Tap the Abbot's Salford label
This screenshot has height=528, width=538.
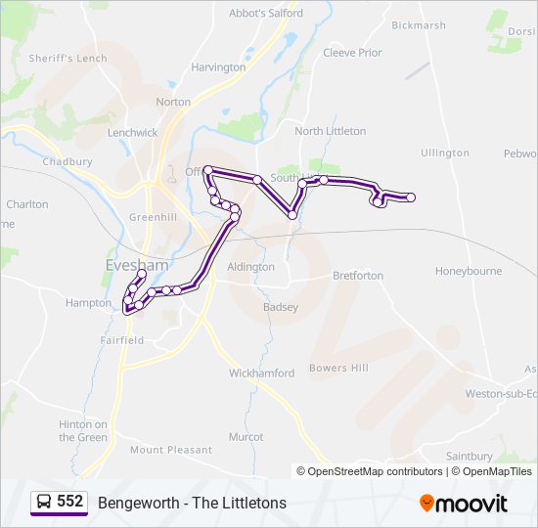pyautogui.click(x=266, y=14)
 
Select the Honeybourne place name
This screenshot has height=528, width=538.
pyautogui.click(x=469, y=271)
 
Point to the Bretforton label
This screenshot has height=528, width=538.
pyautogui.click(x=358, y=276)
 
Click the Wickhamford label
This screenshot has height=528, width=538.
pyautogui.click(x=261, y=374)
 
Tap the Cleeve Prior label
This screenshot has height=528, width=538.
pyautogui.click(x=352, y=53)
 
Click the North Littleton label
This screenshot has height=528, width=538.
pyautogui.click(x=330, y=131)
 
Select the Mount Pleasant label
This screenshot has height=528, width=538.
pyautogui.click(x=170, y=450)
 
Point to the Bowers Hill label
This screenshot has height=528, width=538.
pyautogui.click(x=338, y=368)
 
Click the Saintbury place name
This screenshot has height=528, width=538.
pyautogui.click(x=470, y=456)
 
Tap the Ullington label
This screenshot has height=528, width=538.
pyautogui.click(x=445, y=154)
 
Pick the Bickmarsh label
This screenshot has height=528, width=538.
pyautogui.click(x=419, y=25)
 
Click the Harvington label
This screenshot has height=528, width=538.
pyautogui.click(x=218, y=67)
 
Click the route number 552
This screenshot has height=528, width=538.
pyautogui.click(x=69, y=502)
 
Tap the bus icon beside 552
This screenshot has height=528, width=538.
pyautogui.click(x=43, y=503)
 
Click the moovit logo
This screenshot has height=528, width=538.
pyautogui.click(x=464, y=504)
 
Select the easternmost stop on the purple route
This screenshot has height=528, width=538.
pyautogui.click(x=411, y=198)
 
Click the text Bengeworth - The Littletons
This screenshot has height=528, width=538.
pyautogui.click(x=192, y=503)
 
